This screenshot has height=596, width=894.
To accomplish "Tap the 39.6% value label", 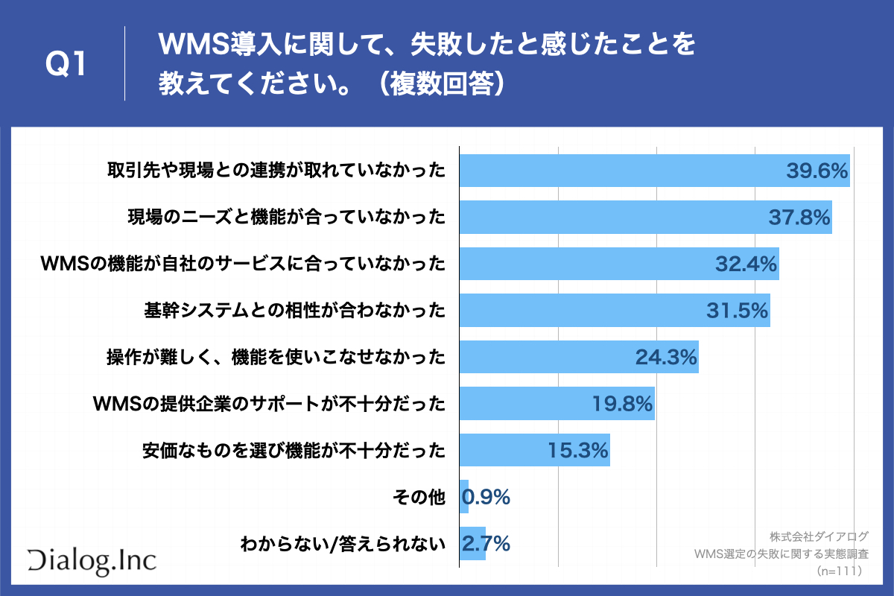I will click(x=817, y=171).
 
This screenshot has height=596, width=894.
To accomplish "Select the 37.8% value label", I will click(x=799, y=218).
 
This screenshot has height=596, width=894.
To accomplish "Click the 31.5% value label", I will click(x=738, y=311).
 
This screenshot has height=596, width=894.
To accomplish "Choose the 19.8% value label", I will click(x=622, y=404).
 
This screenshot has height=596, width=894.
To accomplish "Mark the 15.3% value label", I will click(x=578, y=450).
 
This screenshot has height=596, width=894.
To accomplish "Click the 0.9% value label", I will click(x=486, y=497).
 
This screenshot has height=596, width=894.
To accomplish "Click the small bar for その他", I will click(x=464, y=497).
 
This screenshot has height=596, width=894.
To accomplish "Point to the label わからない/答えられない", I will click(x=342, y=544).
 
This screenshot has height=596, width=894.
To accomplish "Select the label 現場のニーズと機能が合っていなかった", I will click(x=286, y=218).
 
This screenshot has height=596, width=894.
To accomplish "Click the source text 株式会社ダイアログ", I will click(x=819, y=537).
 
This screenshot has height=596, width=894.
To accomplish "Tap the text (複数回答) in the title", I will click(x=440, y=83).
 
